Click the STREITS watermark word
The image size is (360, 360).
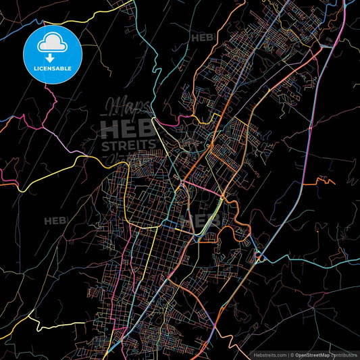pos(128,144)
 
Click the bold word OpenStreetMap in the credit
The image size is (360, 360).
pos(314,354)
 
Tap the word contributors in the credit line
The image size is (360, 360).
pos(344,354)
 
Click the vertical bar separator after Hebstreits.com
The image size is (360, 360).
pos(289,354)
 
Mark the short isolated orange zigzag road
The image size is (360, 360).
pos(324,180)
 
